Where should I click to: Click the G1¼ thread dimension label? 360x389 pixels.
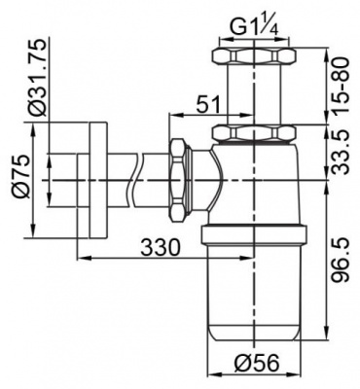pyautogui.click(x=254, y=28)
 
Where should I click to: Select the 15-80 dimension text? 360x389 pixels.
pyautogui.click(x=341, y=85)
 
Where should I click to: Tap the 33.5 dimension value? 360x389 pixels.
pyautogui.click(x=341, y=152)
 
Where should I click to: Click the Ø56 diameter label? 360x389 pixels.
pyautogui.click(x=256, y=363)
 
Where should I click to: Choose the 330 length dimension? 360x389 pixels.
pyautogui.click(x=160, y=248)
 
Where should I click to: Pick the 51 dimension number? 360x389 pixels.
pyautogui.click(x=207, y=104)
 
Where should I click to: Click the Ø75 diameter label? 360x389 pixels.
pyautogui.click(x=23, y=177)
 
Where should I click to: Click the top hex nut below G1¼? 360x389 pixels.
pyautogui.click(x=254, y=55)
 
